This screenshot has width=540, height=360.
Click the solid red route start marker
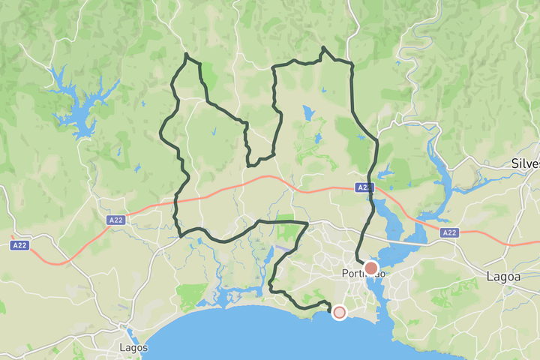[370, 268]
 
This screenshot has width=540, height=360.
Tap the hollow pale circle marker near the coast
[339, 312]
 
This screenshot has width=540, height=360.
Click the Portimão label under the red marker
[363, 274]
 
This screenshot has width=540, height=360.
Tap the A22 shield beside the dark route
[364, 187]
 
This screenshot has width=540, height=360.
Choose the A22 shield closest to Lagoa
[449, 232]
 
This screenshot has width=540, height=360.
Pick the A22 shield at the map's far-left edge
[20, 245]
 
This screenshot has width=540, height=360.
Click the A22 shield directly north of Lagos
[115, 220]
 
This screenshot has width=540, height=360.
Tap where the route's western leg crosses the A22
[176, 202]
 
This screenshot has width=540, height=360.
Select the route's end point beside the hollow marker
[329, 304]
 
